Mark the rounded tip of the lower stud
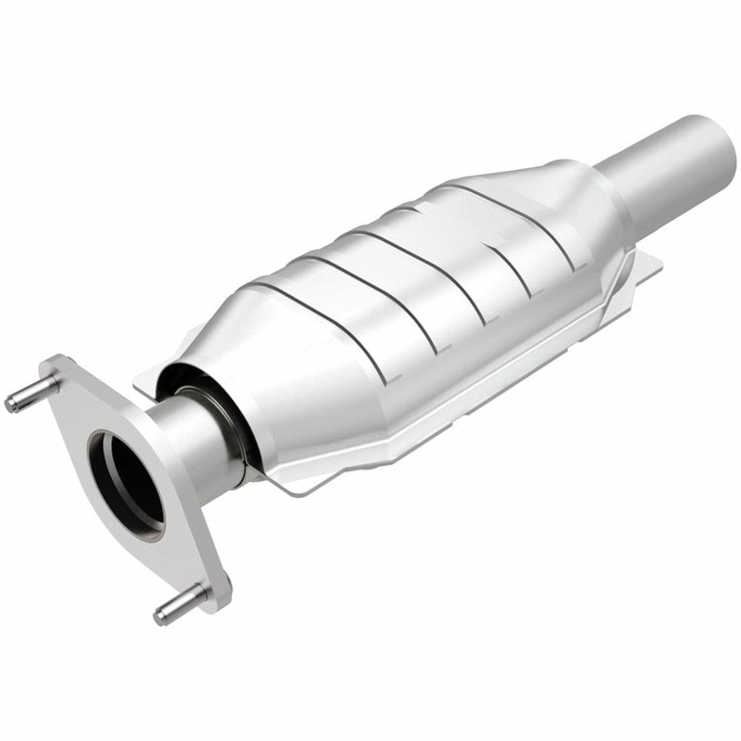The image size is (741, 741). pyautogui.click(x=160, y=617)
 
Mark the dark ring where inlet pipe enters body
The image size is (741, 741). pyautogui.click(x=239, y=420)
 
